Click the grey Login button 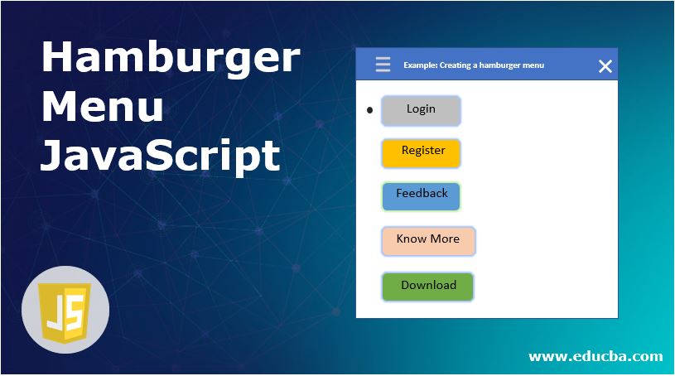point(421,110)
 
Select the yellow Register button point(421,152)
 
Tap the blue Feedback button point(421,195)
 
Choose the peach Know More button point(428,240)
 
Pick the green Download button point(427,286)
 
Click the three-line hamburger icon point(383,65)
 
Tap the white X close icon point(605,66)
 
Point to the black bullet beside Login point(369,110)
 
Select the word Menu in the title point(102,108)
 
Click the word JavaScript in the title point(160,155)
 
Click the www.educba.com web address point(595,356)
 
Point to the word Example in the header point(421,65)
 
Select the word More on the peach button point(446,239)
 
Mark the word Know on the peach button point(411,239)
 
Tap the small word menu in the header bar point(535,65)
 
